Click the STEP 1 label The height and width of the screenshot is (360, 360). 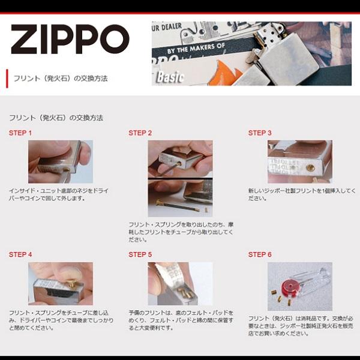click(20, 133)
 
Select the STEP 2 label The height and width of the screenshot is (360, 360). click(140, 133)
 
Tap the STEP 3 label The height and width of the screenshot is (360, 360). click(260, 133)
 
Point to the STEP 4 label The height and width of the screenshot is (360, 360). click(20, 254)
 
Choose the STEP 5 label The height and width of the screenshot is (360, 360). click(140, 254)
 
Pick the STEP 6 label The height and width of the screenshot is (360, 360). click(260, 254)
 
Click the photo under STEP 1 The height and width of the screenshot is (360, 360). click(61, 161)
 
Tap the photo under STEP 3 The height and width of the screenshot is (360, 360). click(299, 161)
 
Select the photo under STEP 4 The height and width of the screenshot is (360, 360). click(61, 283)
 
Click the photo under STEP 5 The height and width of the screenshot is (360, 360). click(180, 283)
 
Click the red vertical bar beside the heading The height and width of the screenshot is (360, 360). click(7, 79)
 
